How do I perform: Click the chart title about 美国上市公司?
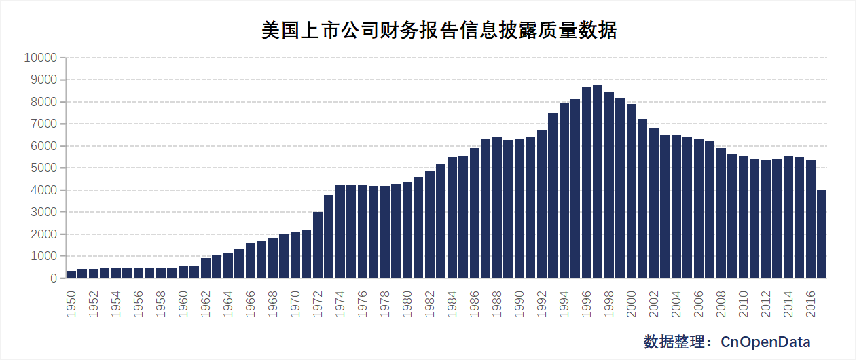pyautogui.click(x=439, y=31)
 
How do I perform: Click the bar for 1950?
pyautogui.click(x=71, y=274)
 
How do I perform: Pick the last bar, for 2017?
pyautogui.click(x=821, y=234)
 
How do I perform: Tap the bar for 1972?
pyautogui.click(x=318, y=245)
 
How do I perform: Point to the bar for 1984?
pyautogui.click(x=452, y=217)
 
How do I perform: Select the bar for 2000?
pyautogui.click(x=631, y=191)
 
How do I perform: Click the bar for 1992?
pyautogui.click(x=542, y=204)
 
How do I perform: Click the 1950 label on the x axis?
pyautogui.click(x=71, y=303)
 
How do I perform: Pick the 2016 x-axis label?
pyautogui.click(x=810, y=303)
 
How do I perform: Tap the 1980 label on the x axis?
pyautogui.click(x=407, y=303)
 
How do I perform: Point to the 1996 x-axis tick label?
pyautogui.click(x=587, y=303)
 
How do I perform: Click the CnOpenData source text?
pyautogui.click(x=765, y=341)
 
